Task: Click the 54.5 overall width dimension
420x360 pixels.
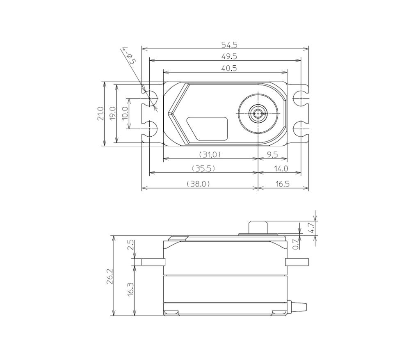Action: (x=229, y=45)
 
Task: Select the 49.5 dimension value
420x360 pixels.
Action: (x=229, y=56)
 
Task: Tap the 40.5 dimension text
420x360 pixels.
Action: (x=229, y=68)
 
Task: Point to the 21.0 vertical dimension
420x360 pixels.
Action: (x=100, y=114)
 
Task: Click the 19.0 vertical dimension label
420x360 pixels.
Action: (x=113, y=114)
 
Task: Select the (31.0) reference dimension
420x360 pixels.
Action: (x=210, y=154)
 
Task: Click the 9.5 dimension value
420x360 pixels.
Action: (x=272, y=154)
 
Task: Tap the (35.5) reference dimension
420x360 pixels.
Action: (x=203, y=168)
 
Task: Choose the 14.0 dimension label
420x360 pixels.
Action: (x=281, y=168)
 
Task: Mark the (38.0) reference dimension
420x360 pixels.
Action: (x=199, y=183)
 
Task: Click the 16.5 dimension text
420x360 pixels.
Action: (x=282, y=183)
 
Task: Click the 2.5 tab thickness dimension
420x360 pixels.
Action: (x=130, y=245)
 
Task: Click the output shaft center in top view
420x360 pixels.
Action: (x=258, y=114)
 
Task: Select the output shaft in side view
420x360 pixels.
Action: (x=258, y=227)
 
